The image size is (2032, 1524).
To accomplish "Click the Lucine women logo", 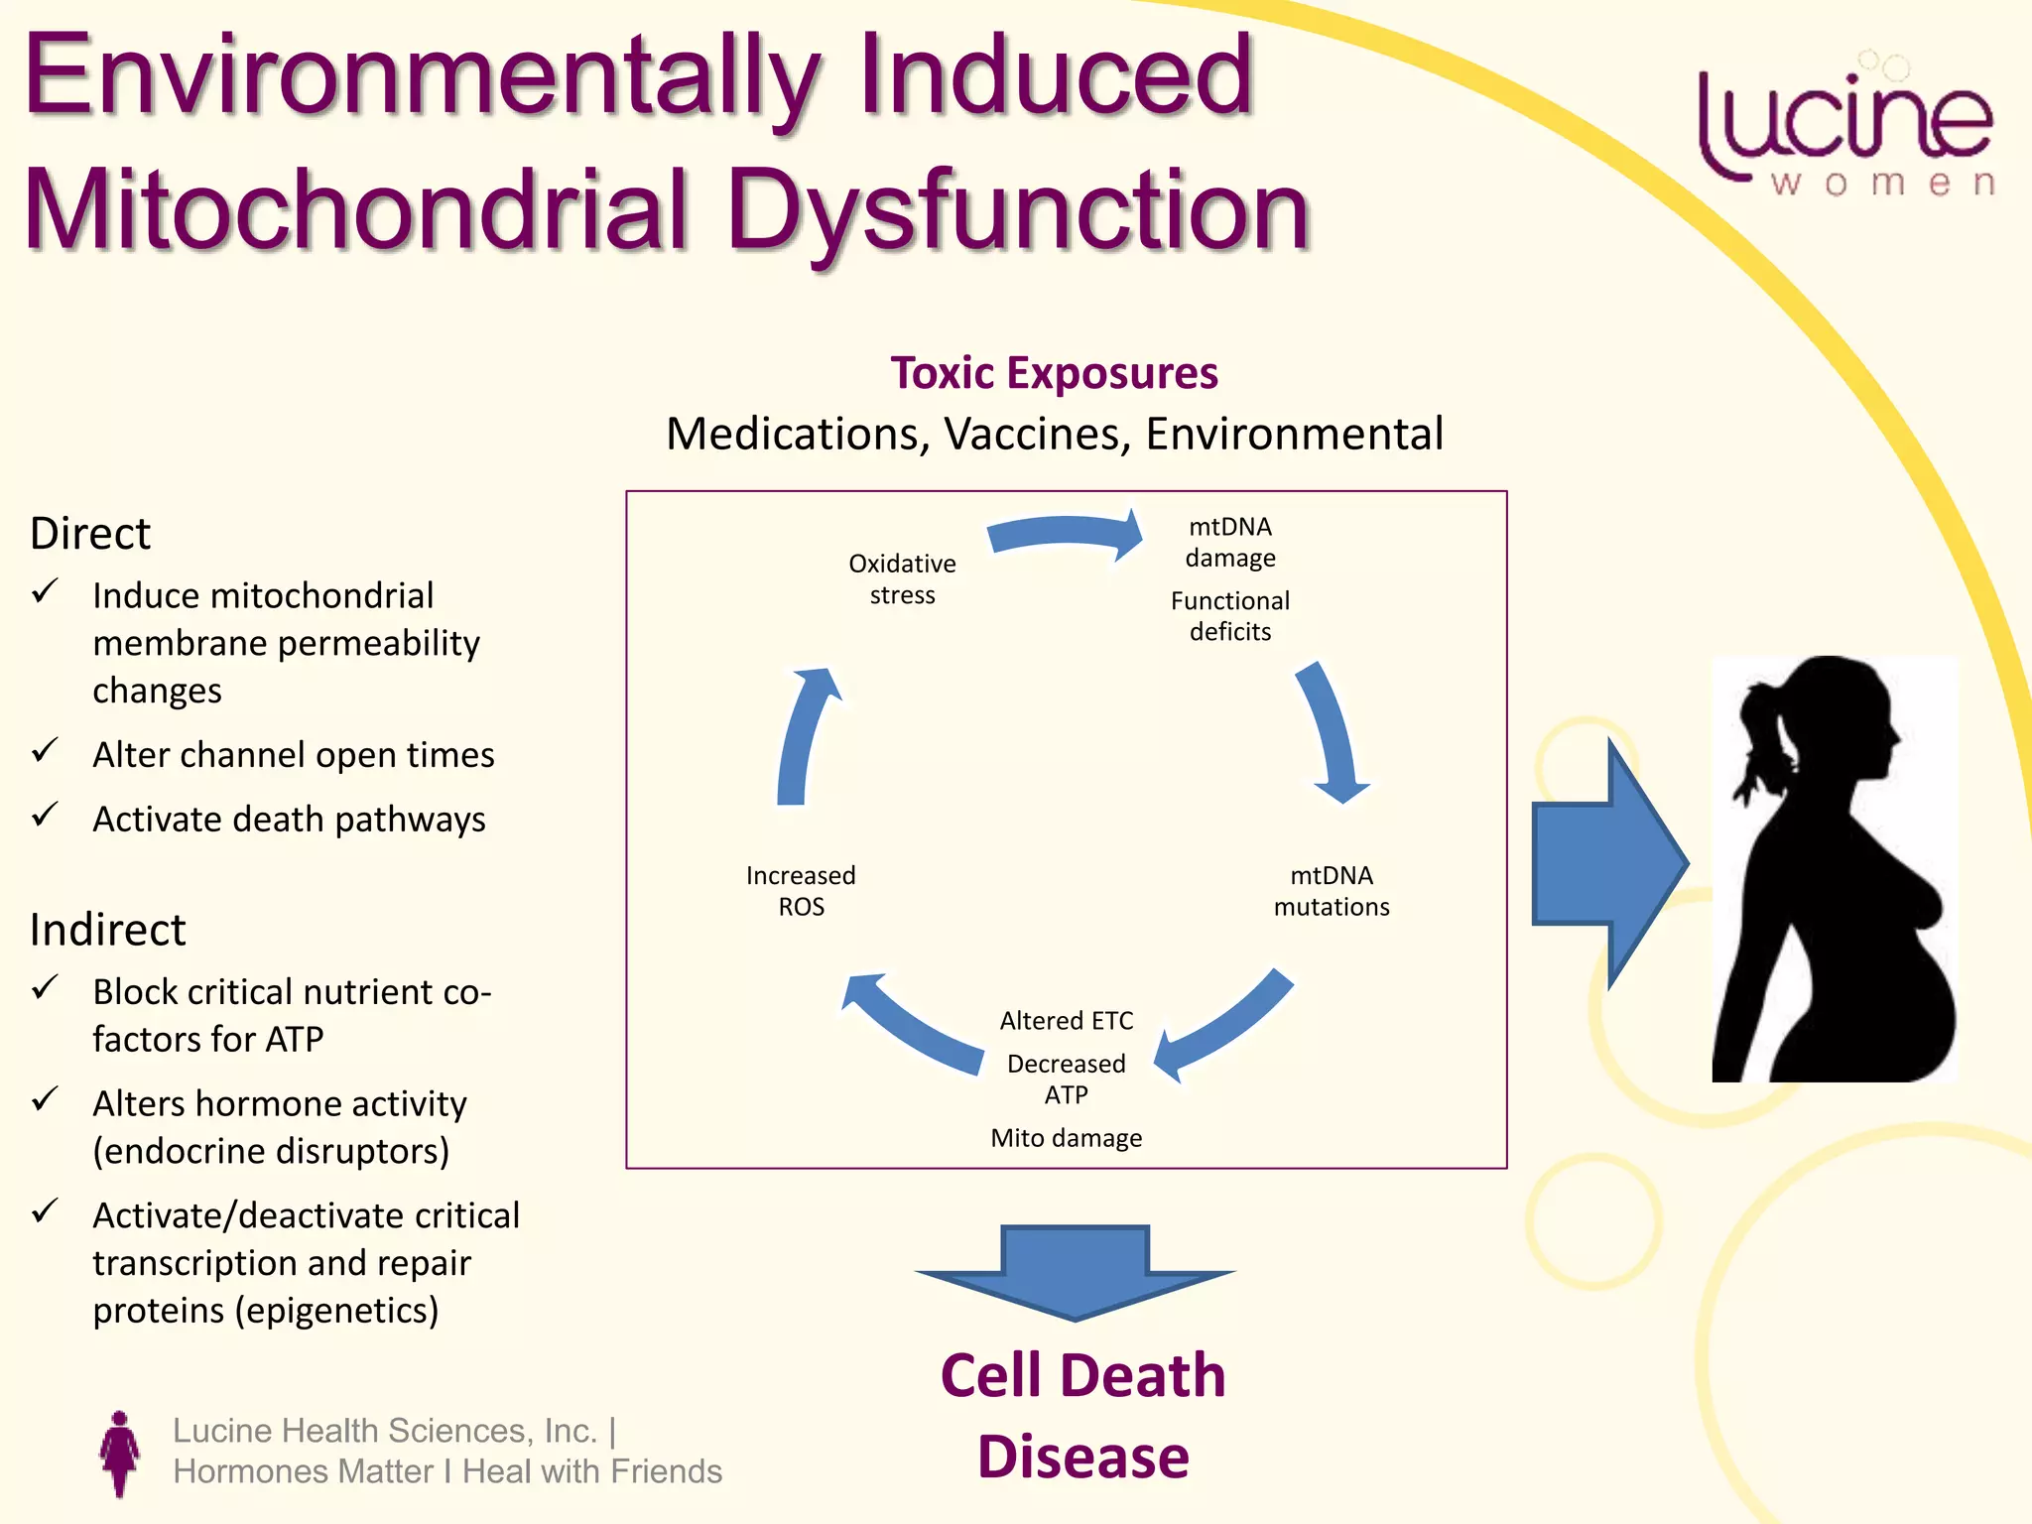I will (x=1845, y=129).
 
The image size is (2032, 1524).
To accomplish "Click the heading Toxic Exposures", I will (x=1054, y=374).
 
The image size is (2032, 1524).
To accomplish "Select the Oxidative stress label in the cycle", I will (x=902, y=578).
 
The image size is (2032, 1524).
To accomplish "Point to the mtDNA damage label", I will (x=1230, y=542).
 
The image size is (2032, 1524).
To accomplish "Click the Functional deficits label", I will (x=1230, y=615).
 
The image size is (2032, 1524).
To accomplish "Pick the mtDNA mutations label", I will (x=1332, y=891).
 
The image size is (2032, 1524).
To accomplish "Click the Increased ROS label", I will (x=801, y=891).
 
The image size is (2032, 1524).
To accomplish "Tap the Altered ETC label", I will (x=1066, y=1020).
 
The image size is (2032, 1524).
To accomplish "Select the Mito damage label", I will (x=1066, y=1138).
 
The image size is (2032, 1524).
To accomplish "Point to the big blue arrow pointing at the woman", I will (x=1607, y=863).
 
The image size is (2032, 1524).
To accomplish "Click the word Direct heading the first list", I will (x=90, y=534).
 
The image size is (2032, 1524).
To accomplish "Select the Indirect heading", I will (x=107, y=930).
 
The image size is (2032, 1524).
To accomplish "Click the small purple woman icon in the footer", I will (x=120, y=1454).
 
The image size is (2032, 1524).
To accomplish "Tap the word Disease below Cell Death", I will (x=1082, y=1457).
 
